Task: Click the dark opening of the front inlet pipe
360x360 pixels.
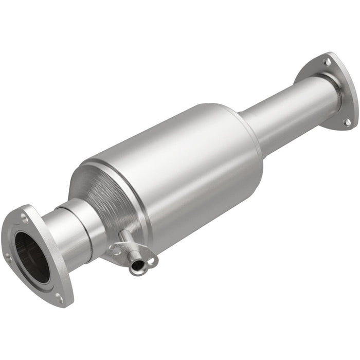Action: point(32,257)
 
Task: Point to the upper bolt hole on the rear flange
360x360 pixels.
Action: point(326,62)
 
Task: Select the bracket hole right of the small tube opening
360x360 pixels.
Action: point(151,261)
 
